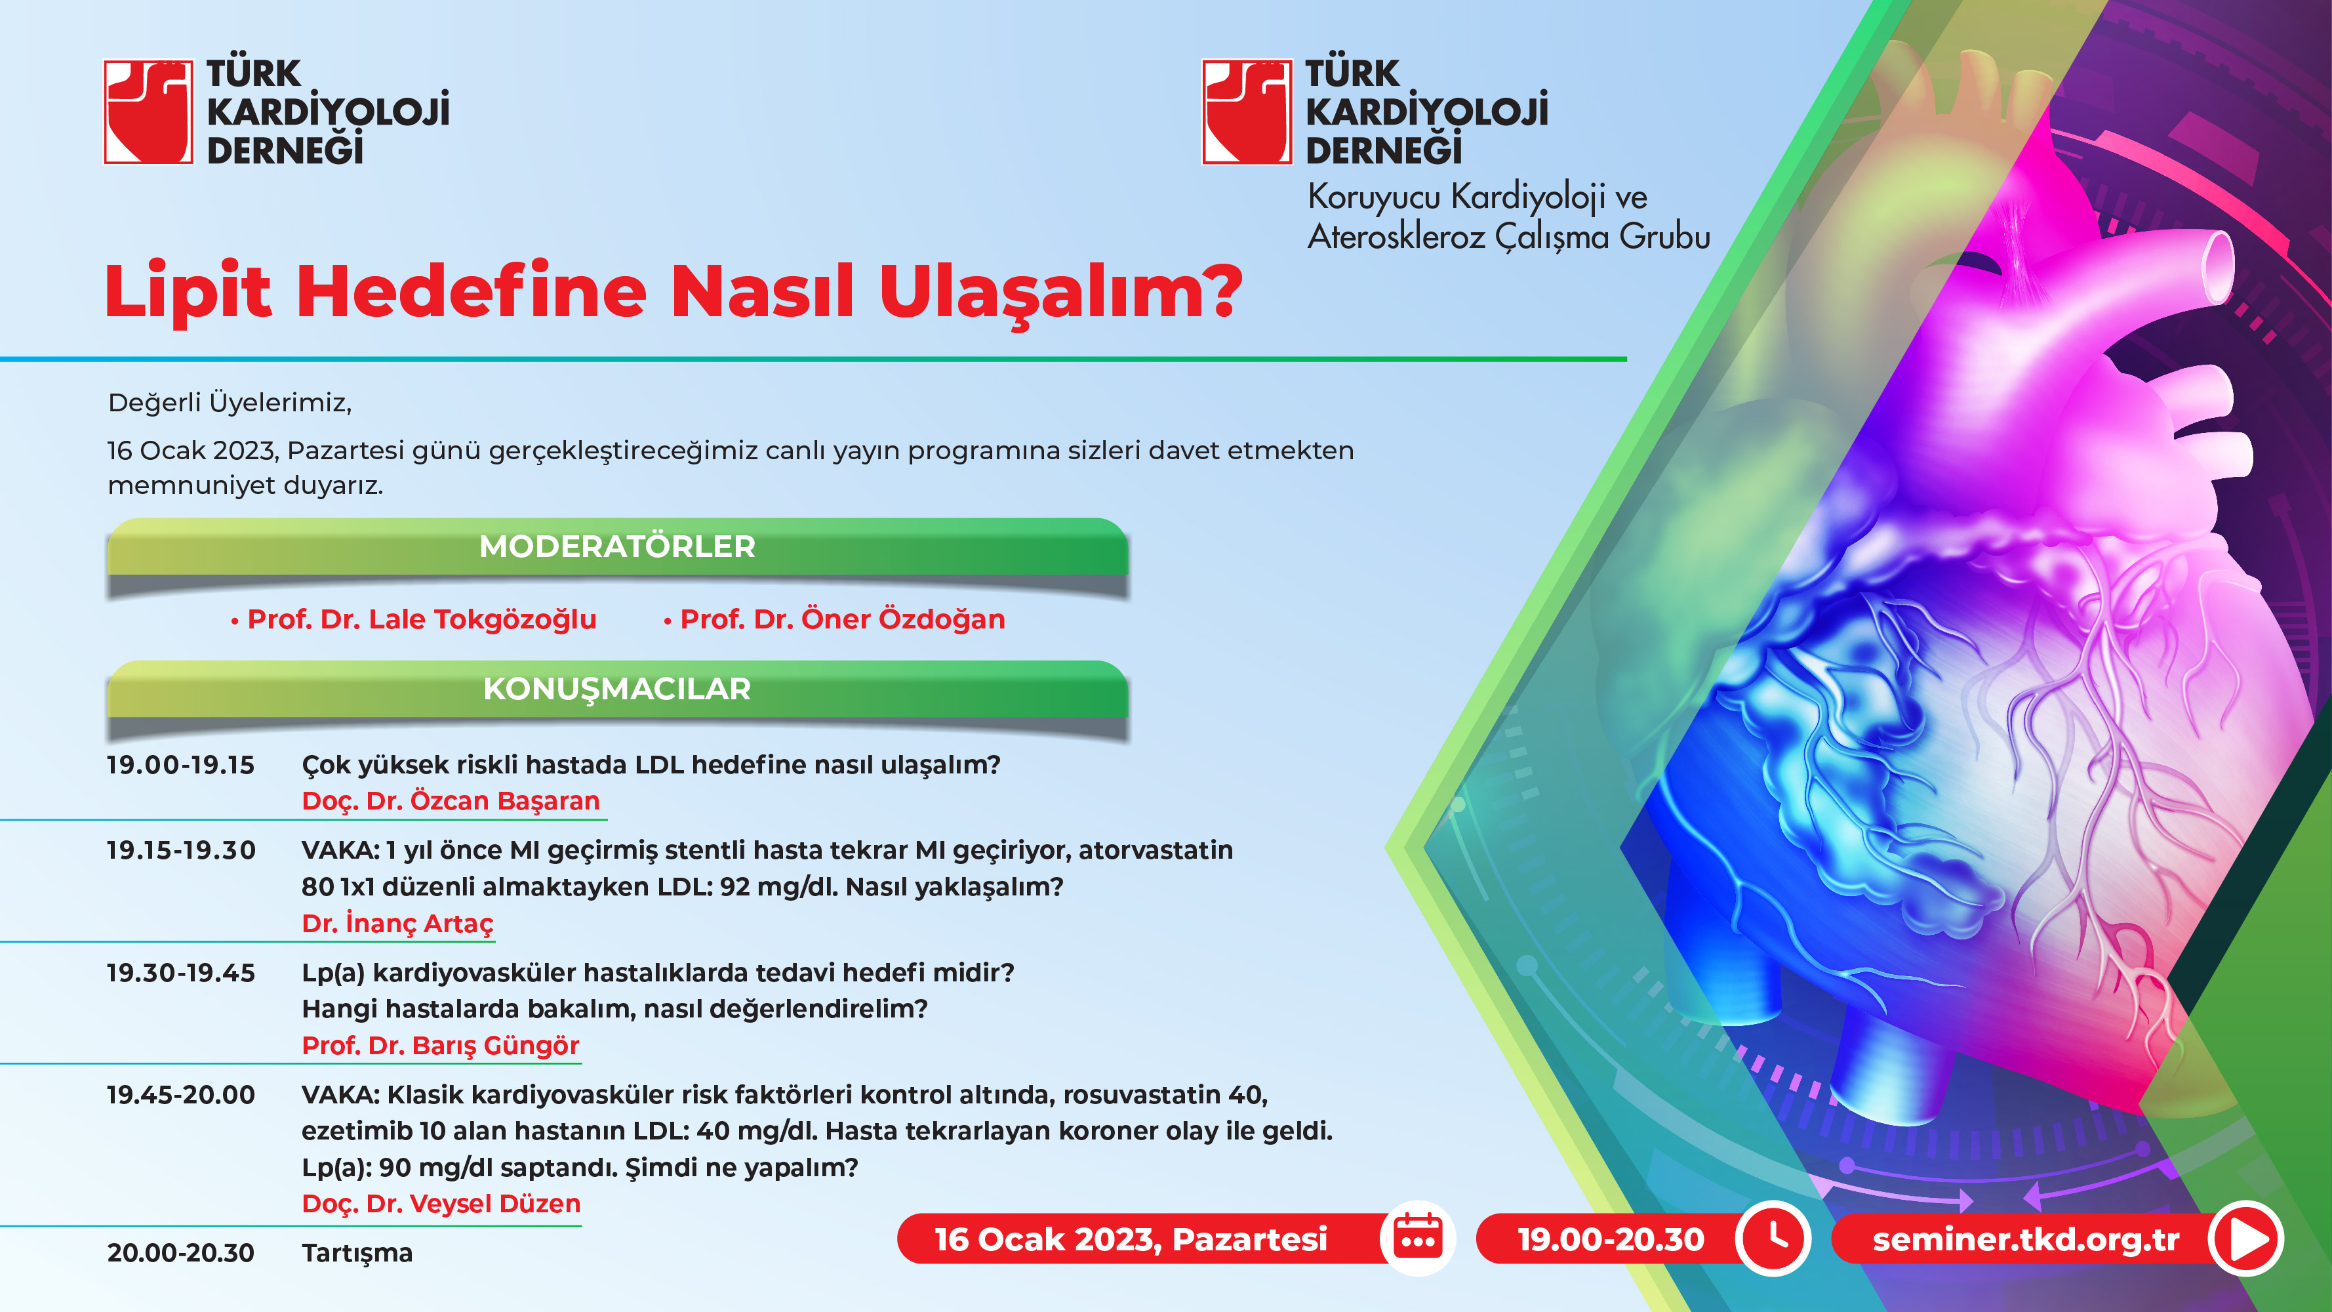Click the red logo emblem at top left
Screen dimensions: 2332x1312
click(148, 112)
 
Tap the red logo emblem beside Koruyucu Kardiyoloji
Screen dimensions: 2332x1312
click(1247, 112)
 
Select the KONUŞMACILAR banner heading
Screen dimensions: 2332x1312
click(617, 688)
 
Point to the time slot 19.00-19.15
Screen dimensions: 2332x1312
click(181, 764)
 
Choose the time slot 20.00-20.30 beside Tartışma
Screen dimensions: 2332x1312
click(181, 1252)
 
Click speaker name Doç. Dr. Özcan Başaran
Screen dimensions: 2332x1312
click(451, 802)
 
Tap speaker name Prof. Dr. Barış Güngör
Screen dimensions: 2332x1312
click(440, 1045)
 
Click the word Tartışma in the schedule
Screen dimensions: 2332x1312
click(357, 1253)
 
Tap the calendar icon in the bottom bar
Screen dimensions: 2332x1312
click(1418, 1238)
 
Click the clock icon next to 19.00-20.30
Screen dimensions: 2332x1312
click(1773, 1238)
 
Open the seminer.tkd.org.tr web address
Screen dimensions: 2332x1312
click(2026, 1239)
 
